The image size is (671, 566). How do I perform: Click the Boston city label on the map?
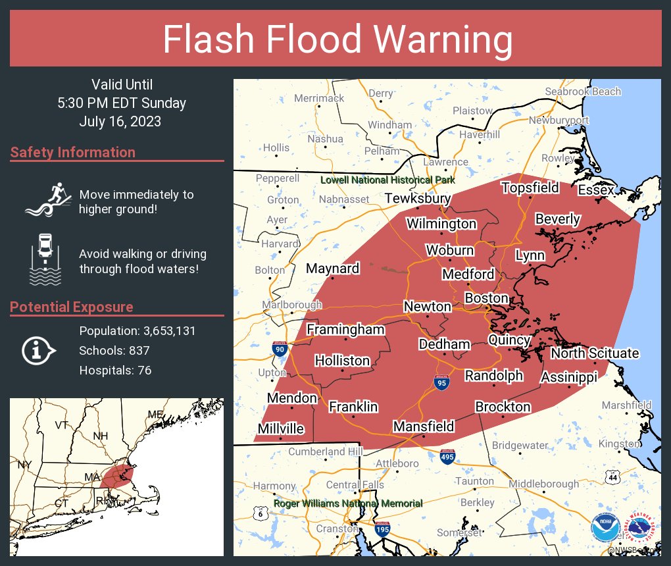(487, 298)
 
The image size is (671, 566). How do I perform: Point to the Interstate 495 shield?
(447, 457)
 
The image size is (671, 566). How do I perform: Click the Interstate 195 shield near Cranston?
(382, 528)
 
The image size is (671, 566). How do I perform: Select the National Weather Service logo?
(639, 528)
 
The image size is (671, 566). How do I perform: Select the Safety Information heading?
(73, 152)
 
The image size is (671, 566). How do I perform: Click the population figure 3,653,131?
(166, 330)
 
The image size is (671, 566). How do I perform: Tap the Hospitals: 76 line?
(115, 370)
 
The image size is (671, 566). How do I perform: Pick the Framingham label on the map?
(345, 330)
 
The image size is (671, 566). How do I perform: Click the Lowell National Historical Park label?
(387, 180)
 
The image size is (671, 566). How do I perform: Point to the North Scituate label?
(595, 353)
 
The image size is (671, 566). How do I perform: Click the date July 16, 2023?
(120, 122)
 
